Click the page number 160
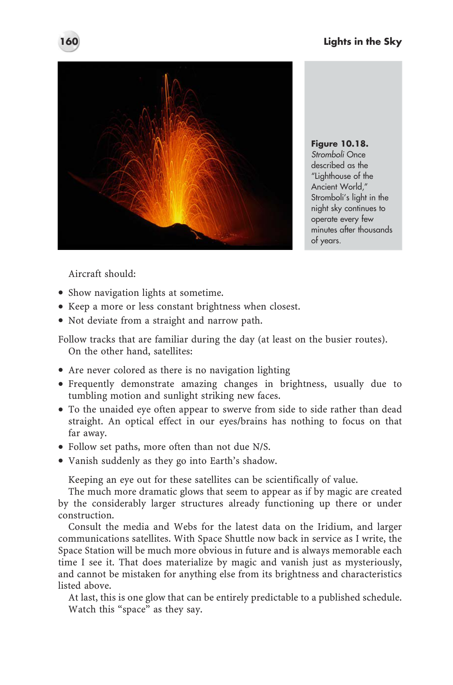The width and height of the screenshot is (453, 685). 69,41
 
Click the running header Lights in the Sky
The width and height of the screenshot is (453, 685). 362,42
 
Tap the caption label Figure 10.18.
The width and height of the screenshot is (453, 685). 339,144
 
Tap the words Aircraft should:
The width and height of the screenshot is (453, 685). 102,274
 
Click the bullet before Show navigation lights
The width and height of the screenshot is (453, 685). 61,293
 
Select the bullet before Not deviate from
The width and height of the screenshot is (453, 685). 61,321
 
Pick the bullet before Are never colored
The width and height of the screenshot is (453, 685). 61,370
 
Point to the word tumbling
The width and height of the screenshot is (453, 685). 87,395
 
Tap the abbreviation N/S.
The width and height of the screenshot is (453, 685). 261,447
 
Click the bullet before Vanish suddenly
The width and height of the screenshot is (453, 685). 61,461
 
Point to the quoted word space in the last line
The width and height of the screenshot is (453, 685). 133,609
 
